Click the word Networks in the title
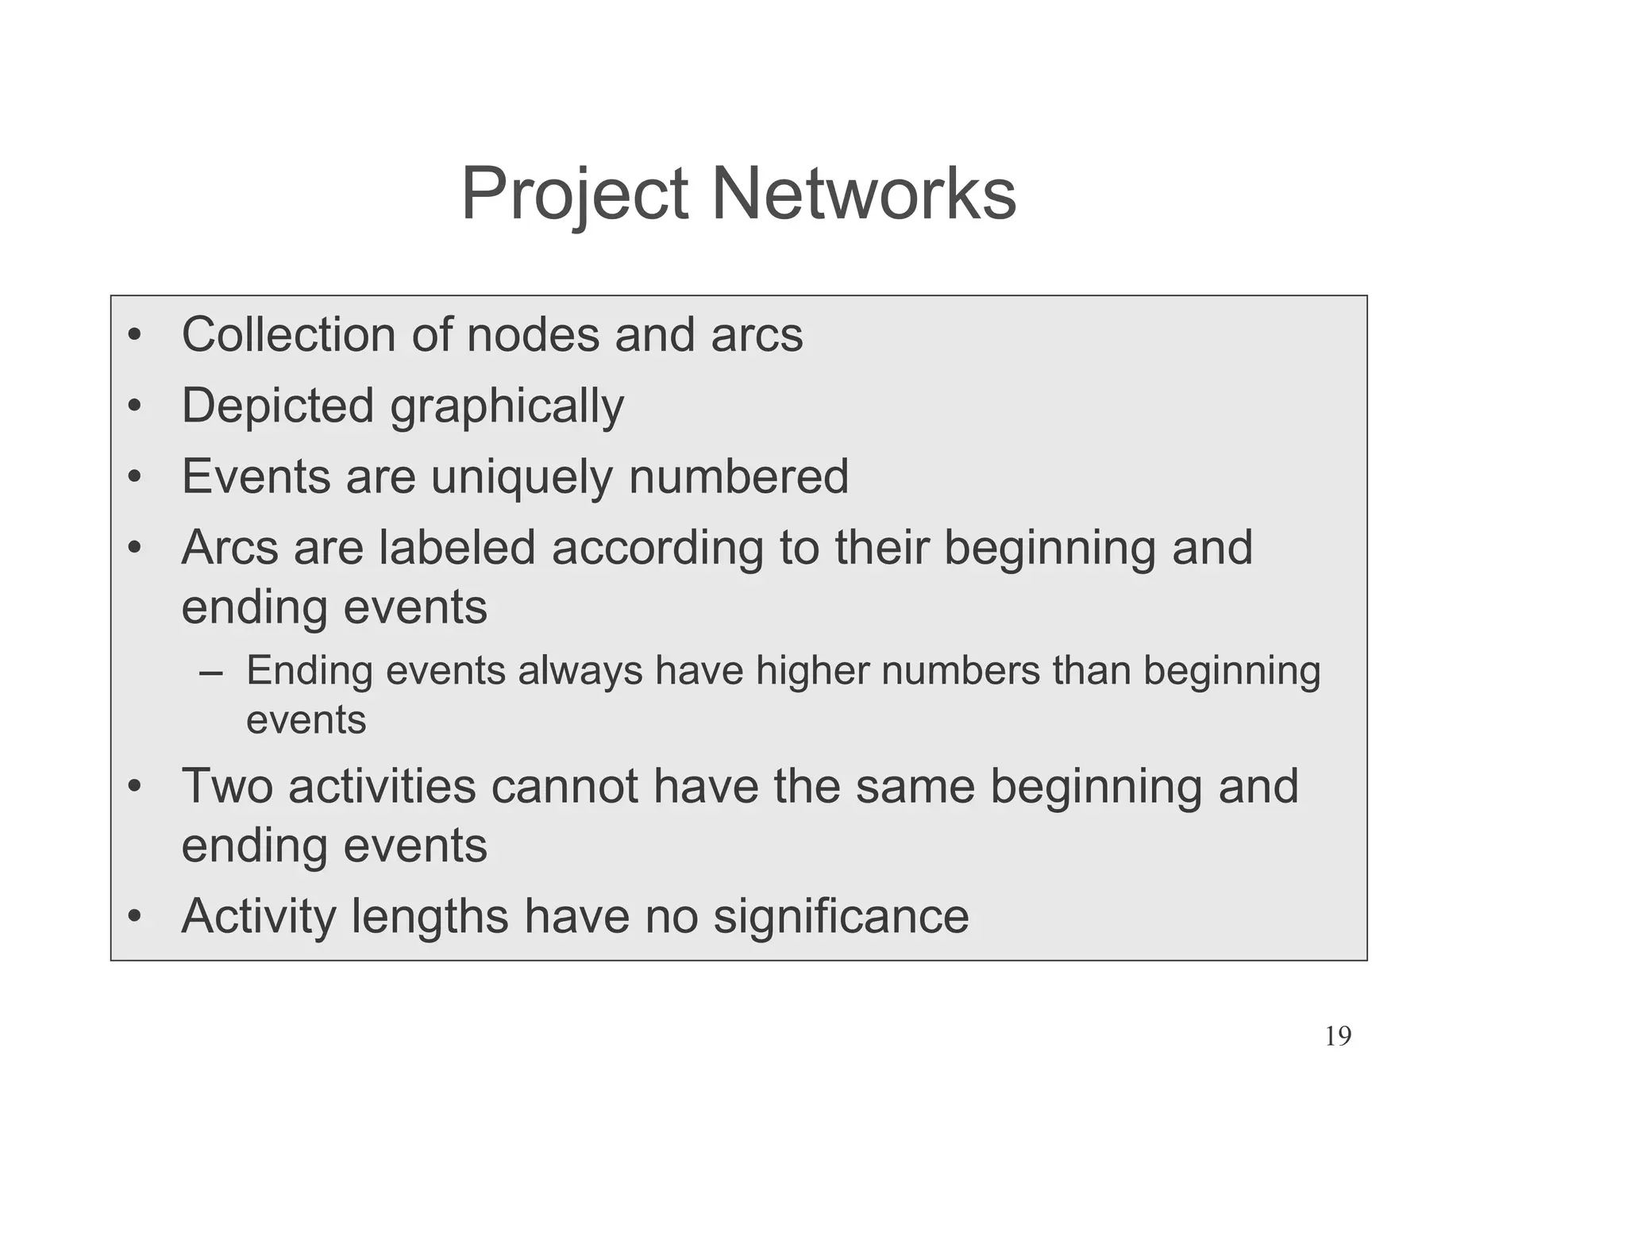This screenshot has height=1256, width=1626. pyautogui.click(x=863, y=195)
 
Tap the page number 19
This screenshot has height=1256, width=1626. pyautogui.click(x=1338, y=1036)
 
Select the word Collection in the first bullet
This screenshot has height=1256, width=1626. pyautogui.click(x=288, y=334)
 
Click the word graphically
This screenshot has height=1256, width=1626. pyautogui.click(x=507, y=407)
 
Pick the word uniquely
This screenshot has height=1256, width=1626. pyautogui.click(x=522, y=477)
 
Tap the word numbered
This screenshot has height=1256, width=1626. pyautogui.click(x=738, y=477)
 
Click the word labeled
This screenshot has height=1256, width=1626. pyautogui.click(x=457, y=548)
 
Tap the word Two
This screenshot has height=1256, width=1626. pyautogui.click(x=227, y=786)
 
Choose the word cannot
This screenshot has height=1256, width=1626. pyautogui.click(x=564, y=786)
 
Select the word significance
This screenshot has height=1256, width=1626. pyautogui.click(x=841, y=916)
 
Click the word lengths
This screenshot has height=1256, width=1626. pyautogui.click(x=430, y=917)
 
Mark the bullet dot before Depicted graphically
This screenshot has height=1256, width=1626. pyautogui.click(x=135, y=407)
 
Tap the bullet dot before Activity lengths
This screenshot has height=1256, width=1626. pyautogui.click(x=135, y=918)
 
